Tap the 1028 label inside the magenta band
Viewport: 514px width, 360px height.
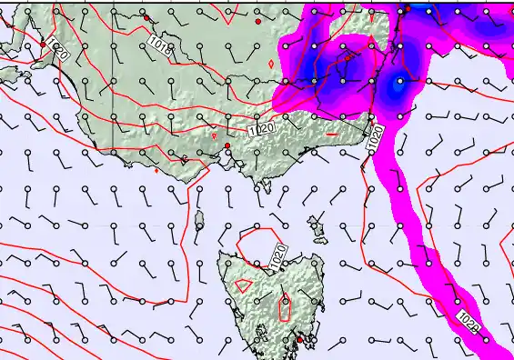point(469,322)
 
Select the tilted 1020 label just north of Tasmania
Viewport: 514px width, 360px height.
point(279,254)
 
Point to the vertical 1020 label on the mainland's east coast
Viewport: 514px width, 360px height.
point(375,138)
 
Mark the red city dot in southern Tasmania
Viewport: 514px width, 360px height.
point(299,340)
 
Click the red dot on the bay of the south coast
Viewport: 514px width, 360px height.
point(227,145)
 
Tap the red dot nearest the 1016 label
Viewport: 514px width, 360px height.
point(146,17)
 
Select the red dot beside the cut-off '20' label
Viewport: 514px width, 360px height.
point(43,44)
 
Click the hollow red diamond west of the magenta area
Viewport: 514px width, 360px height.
point(272,63)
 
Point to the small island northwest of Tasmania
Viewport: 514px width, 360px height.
point(199,218)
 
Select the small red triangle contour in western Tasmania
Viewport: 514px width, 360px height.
point(243,285)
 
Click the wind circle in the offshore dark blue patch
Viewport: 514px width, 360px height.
point(398,82)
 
